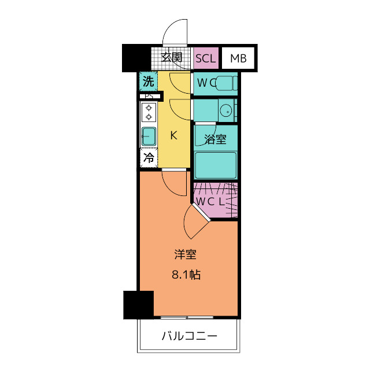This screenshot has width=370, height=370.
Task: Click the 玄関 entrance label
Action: tap(172, 57)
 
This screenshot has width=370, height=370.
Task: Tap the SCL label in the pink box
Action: tap(206, 58)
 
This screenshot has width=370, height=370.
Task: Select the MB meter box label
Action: tap(237, 58)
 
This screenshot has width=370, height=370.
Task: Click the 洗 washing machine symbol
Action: tap(149, 82)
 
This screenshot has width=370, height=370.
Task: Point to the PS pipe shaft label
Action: tap(149, 97)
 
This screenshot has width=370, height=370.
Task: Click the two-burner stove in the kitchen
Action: tap(149, 112)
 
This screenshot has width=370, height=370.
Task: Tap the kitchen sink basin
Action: tap(149, 136)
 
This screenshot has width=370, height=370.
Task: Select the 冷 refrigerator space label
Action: tap(149, 157)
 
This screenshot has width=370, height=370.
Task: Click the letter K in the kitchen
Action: tap(173, 136)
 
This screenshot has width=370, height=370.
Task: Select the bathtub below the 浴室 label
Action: tap(215, 165)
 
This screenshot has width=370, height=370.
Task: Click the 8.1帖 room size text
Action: tap(187, 275)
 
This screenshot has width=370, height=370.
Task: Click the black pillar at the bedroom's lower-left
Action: tap(138, 305)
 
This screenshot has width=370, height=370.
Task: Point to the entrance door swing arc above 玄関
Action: tap(175, 31)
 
